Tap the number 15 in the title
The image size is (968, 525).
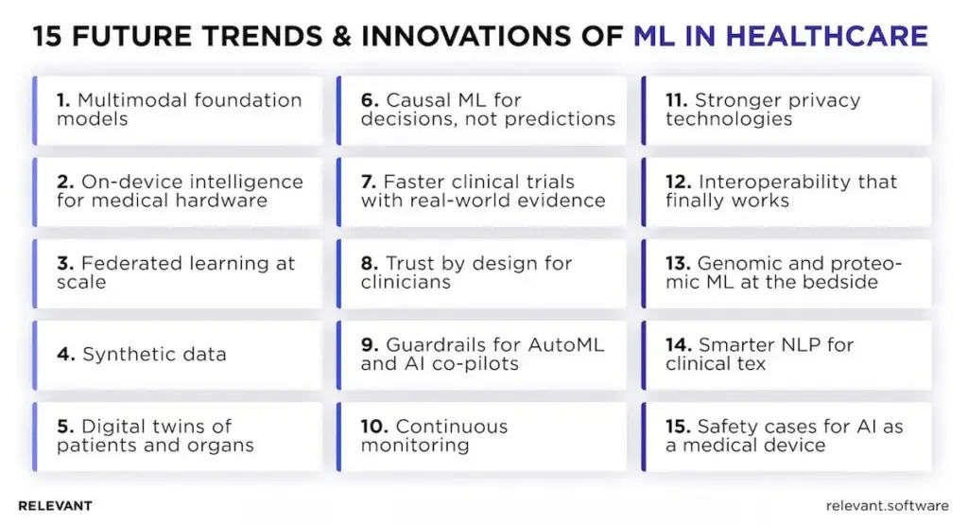46,37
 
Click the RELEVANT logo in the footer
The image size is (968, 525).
55,505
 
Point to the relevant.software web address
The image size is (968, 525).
887,505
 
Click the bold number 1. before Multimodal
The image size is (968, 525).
64,100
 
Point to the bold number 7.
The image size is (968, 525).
369,182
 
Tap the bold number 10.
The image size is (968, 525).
373,427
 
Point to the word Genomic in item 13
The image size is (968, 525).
734,263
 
